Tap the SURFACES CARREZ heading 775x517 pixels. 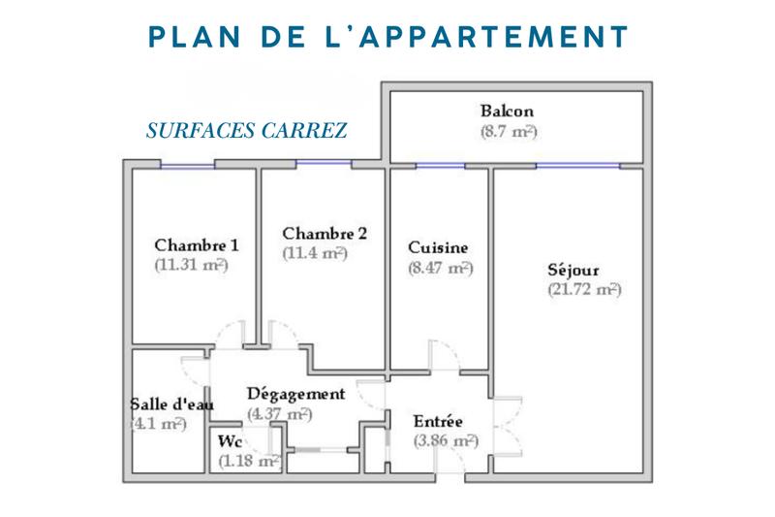point(246,131)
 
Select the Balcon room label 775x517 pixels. point(507,111)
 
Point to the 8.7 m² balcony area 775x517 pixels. point(509,130)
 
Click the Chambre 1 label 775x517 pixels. point(197,244)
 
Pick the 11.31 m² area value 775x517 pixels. point(191,264)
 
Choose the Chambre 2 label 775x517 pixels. point(325,233)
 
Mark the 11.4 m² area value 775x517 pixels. point(315,253)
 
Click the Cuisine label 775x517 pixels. point(439,247)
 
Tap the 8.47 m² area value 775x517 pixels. point(440,267)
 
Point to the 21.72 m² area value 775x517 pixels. point(583,289)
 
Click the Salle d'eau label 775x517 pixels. point(171,404)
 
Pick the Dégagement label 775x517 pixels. point(295,394)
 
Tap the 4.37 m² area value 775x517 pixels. point(279,414)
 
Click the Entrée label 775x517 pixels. point(438,422)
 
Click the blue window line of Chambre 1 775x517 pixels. point(187,165)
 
